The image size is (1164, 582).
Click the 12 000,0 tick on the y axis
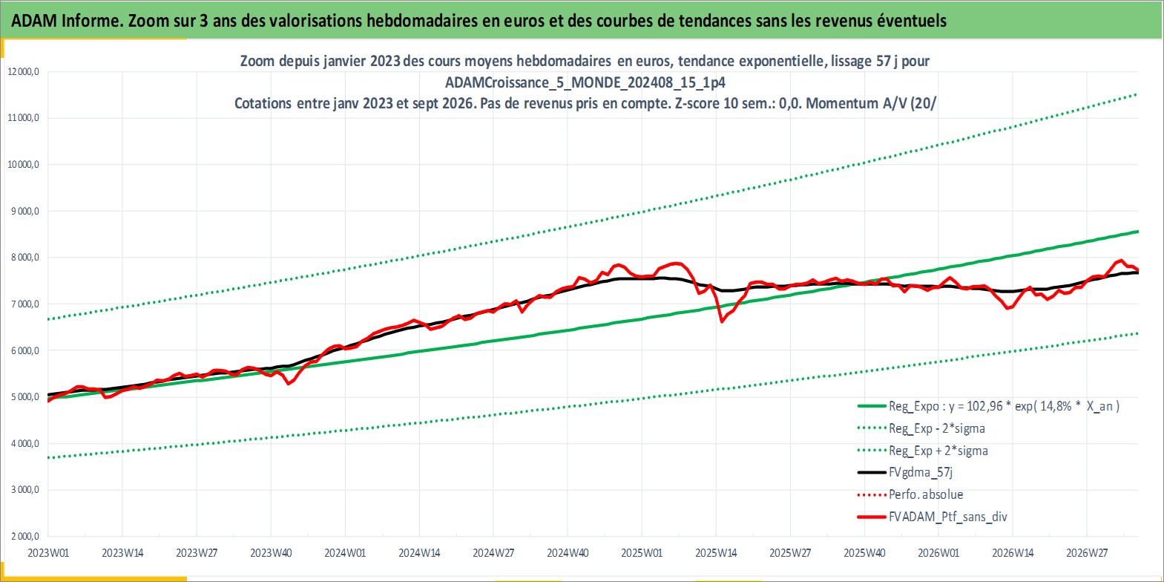point(24,72)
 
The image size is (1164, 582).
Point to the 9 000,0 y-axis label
point(24,211)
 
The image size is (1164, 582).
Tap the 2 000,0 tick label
point(24,536)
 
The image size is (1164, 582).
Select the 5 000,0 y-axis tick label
point(24,397)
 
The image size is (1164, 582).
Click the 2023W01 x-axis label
point(48,553)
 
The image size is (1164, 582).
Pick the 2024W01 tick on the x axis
point(345,553)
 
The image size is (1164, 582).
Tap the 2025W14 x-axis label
point(716,553)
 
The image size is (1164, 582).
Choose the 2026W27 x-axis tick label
point(1087,553)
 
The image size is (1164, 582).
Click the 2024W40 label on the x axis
point(568,553)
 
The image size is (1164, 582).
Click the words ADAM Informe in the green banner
point(66,21)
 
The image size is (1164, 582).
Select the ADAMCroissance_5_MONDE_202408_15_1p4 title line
point(585,82)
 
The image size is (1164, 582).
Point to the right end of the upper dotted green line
point(1136,94)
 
